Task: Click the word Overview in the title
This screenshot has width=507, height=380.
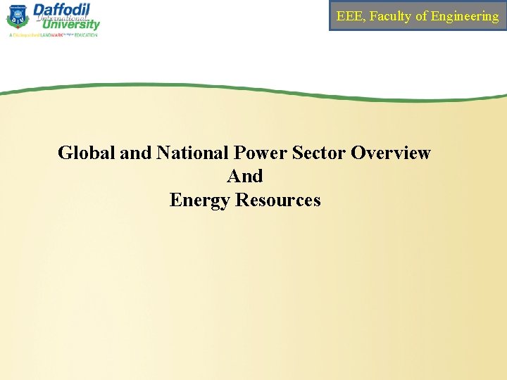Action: tap(391, 153)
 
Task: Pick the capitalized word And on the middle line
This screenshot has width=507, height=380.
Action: tap(245, 176)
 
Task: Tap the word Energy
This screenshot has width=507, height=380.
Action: tap(200, 200)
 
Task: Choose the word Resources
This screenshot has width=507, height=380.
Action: tap(278, 200)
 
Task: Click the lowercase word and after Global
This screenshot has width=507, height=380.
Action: tap(136, 153)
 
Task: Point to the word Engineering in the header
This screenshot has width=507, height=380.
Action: tap(465, 16)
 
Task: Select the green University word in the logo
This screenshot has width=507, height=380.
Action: tap(70, 25)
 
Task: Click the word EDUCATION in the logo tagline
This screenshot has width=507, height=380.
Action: tap(86, 34)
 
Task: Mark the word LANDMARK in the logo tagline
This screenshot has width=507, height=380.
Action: tap(51, 34)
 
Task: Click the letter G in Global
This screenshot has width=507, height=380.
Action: tap(65, 153)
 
